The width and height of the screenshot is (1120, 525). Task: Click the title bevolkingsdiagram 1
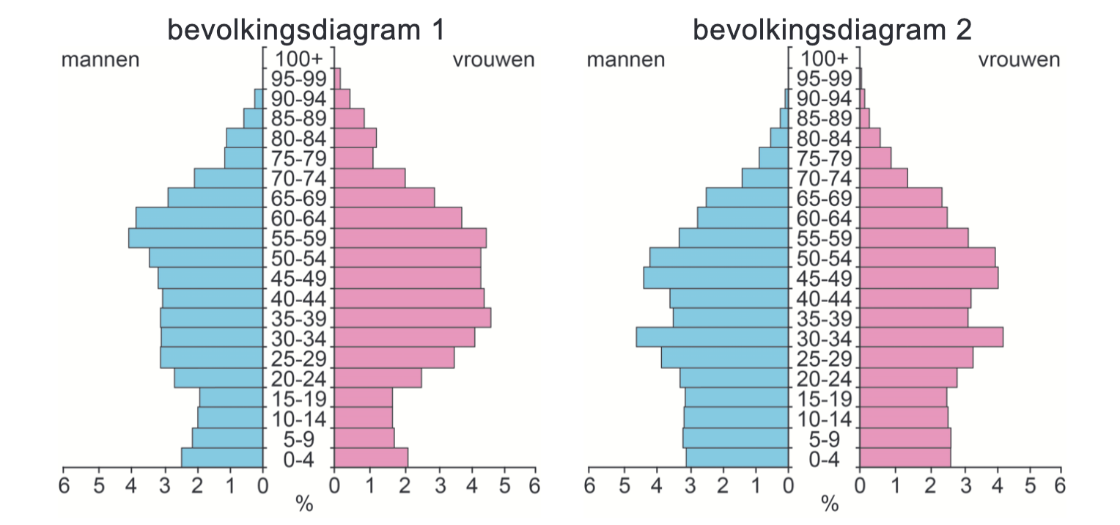[306, 30]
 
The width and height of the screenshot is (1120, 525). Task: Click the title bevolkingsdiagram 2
[832, 30]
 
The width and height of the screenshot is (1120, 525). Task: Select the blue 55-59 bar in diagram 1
[196, 238]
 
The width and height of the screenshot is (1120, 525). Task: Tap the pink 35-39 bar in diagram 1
[412, 317]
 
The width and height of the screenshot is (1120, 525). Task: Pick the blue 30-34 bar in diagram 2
[712, 337]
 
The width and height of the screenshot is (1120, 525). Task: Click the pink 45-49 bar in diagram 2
[929, 278]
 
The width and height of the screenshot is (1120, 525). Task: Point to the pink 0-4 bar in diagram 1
[371, 458]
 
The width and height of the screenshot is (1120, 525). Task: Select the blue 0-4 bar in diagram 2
[737, 458]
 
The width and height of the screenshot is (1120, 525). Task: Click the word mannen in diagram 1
[100, 60]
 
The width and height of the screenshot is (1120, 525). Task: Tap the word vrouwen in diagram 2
[1019, 60]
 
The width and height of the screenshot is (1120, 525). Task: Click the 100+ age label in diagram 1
[298, 58]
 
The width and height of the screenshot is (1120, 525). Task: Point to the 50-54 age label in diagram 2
[824, 258]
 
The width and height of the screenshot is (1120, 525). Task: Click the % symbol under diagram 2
[829, 504]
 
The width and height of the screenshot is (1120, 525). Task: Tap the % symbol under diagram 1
[303, 504]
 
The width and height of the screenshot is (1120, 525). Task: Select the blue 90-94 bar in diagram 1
[258, 98]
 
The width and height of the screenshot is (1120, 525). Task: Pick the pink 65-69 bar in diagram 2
[901, 198]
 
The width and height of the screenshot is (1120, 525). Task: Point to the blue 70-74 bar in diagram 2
[765, 178]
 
